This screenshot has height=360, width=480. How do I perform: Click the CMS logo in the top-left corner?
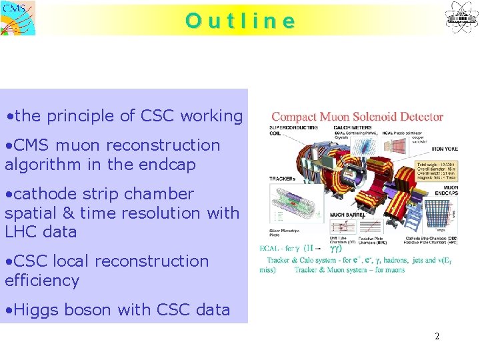[18, 18]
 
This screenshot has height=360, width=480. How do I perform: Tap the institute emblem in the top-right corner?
[462, 17]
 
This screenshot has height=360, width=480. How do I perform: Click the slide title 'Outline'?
[240, 21]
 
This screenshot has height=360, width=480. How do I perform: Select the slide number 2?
[437, 337]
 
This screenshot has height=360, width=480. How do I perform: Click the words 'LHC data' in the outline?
[41, 232]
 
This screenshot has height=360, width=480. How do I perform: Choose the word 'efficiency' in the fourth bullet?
[42, 281]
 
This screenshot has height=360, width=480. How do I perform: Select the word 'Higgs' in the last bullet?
[35, 310]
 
